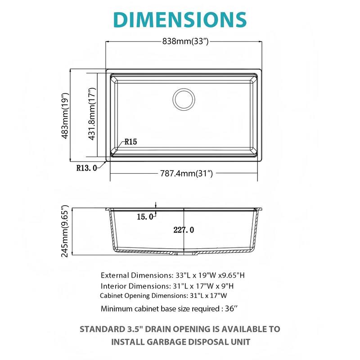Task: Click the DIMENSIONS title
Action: [180, 19]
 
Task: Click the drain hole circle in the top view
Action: [184, 99]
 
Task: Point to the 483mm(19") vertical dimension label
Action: [65, 116]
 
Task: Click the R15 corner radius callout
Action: [131, 142]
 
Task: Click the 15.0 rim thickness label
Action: [145, 217]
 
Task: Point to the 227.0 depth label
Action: [184, 230]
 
